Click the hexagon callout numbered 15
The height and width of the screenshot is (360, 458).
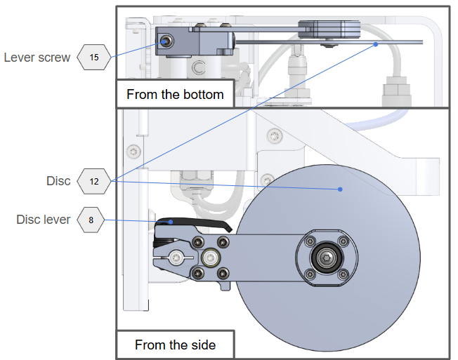point(94,58)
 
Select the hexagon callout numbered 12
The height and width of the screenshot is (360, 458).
point(94,181)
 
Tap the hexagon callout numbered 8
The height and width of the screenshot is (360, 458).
point(91,220)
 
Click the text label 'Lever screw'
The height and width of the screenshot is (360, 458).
point(37,58)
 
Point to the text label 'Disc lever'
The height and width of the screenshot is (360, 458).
point(44,220)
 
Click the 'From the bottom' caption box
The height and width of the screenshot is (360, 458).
point(175,94)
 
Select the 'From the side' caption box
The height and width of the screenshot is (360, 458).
point(175,345)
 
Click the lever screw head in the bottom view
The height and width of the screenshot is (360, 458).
point(165,41)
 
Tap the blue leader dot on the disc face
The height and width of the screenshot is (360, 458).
point(340,189)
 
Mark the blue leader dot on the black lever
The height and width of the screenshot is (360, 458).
point(171,222)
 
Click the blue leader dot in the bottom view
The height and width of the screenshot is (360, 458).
point(377,44)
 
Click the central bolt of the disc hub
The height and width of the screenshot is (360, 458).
point(325,259)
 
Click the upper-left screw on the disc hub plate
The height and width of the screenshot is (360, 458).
point(307,243)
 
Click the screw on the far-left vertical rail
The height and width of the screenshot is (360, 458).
point(133,149)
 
